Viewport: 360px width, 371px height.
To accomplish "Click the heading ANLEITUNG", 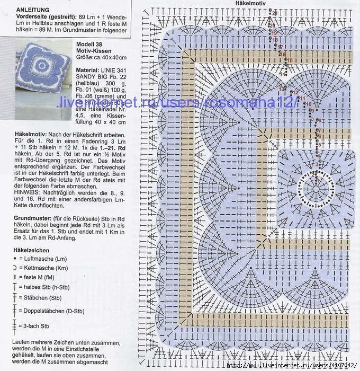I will pyautogui.click(x=33, y=10).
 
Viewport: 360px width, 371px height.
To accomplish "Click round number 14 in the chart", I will pyautogui.click(x=283, y=75).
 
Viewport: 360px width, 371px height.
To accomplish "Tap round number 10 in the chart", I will pyautogui.click(x=308, y=104).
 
